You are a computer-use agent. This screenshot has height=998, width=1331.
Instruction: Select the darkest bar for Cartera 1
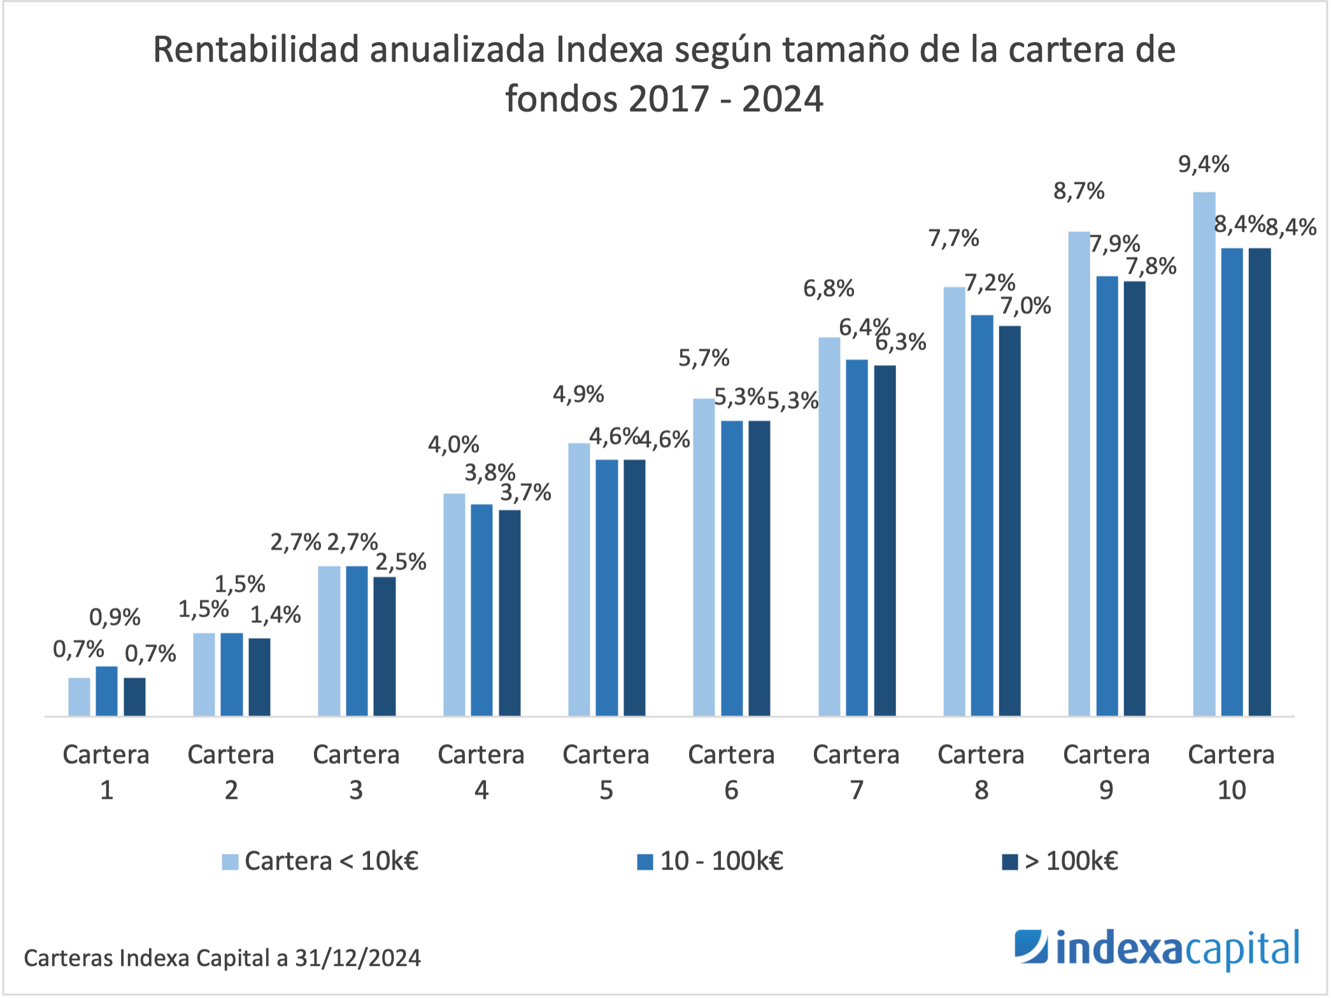(134, 697)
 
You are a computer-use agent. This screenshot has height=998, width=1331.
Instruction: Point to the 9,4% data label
(1203, 164)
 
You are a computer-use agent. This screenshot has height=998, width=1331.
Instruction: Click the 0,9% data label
(115, 617)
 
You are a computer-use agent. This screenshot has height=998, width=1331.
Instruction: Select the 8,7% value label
(1078, 190)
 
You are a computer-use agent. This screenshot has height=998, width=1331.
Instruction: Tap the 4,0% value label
(453, 444)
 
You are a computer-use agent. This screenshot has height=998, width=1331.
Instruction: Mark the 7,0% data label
(1025, 306)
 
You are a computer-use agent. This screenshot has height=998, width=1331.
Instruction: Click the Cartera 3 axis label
(356, 771)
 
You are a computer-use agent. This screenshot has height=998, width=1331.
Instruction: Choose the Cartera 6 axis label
(731, 771)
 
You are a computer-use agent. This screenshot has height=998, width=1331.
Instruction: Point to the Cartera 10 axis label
(1231, 771)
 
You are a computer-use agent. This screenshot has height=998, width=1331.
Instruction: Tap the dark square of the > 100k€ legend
(1009, 862)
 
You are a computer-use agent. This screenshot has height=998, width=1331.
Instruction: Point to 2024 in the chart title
(782, 99)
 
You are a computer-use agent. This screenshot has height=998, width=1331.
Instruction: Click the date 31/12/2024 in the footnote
(357, 958)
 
